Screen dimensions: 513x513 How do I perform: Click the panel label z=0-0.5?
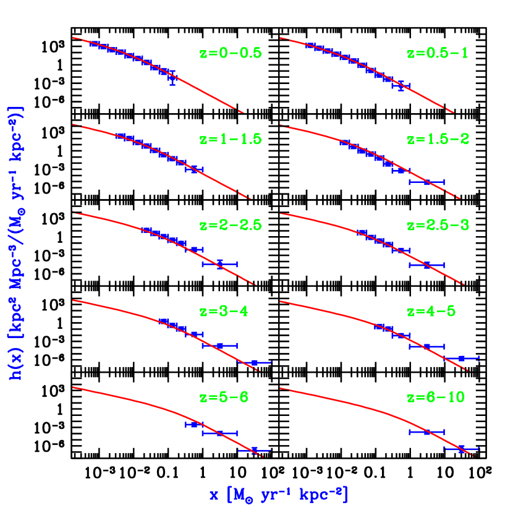click(x=231, y=53)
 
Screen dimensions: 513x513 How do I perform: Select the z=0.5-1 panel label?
click(x=438, y=53)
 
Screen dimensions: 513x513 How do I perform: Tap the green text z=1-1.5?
click(x=231, y=139)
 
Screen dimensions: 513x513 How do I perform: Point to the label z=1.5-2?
click(x=438, y=139)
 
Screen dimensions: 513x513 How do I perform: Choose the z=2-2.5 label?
click(x=231, y=225)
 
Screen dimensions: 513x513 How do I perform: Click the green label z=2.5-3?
click(x=438, y=225)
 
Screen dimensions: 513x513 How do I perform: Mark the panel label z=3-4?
click(x=223, y=311)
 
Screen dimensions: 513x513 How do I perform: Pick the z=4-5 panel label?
click(x=431, y=311)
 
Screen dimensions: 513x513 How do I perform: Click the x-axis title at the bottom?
click(x=278, y=494)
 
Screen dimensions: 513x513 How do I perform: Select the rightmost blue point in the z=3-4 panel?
click(x=254, y=362)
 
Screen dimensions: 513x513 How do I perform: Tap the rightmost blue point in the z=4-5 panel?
click(x=461, y=358)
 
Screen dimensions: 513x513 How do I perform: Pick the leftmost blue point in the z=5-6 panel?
click(x=193, y=425)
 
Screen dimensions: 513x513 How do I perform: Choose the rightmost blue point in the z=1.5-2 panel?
click(x=426, y=182)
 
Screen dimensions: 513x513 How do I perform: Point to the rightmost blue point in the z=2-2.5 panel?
click(x=219, y=264)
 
